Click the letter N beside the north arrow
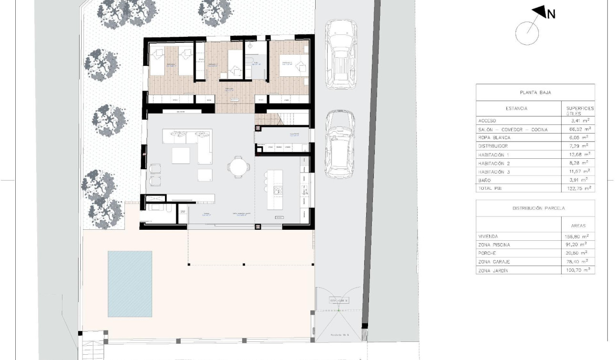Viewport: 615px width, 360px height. point(551,14)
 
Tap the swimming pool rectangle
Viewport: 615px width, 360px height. point(130,284)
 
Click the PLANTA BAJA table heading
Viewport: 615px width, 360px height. point(535,93)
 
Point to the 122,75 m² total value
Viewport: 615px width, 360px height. point(578,188)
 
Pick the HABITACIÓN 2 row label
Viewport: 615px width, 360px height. point(494,163)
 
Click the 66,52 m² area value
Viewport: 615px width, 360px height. point(578,129)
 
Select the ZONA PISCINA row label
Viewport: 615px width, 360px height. point(494,245)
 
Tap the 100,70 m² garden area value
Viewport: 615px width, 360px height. point(578,270)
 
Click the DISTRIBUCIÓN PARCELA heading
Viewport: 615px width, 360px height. point(535,208)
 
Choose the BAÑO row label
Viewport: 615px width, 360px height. point(484,180)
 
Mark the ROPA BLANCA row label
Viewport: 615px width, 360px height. point(494,137)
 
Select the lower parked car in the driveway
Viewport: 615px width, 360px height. point(339,144)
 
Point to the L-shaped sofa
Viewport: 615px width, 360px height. point(188,146)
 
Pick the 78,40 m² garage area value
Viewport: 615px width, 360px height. point(578,261)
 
